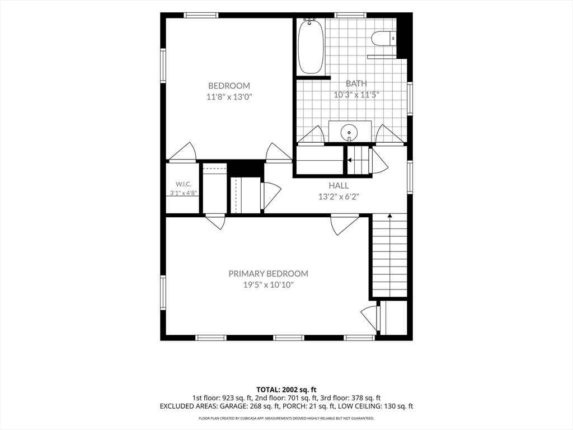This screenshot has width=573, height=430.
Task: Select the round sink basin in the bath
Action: coord(349,131)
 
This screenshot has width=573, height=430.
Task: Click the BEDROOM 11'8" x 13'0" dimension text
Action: coord(229,97)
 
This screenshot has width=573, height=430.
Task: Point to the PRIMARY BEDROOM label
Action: coord(268,273)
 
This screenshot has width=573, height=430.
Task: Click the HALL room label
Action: coord(339,185)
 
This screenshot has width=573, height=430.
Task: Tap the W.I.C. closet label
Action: coord(184,184)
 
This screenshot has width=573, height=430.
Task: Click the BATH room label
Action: coord(356,83)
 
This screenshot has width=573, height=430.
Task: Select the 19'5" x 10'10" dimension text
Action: coord(269,285)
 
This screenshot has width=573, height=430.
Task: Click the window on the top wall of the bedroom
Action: coord(201,15)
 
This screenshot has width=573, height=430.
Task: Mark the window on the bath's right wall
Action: coord(410,99)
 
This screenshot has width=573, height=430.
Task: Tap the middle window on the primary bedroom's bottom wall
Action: coord(289,338)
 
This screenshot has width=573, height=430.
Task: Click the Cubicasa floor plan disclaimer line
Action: coord(286,418)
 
